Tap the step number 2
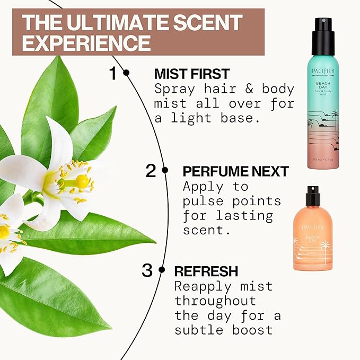[151, 171]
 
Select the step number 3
[147, 270]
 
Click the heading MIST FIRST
[191, 74]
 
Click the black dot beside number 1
[126, 73]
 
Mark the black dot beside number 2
[165, 170]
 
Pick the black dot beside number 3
[161, 270]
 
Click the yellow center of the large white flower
[82, 181]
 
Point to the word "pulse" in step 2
[204, 201]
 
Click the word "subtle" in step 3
[197, 330]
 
